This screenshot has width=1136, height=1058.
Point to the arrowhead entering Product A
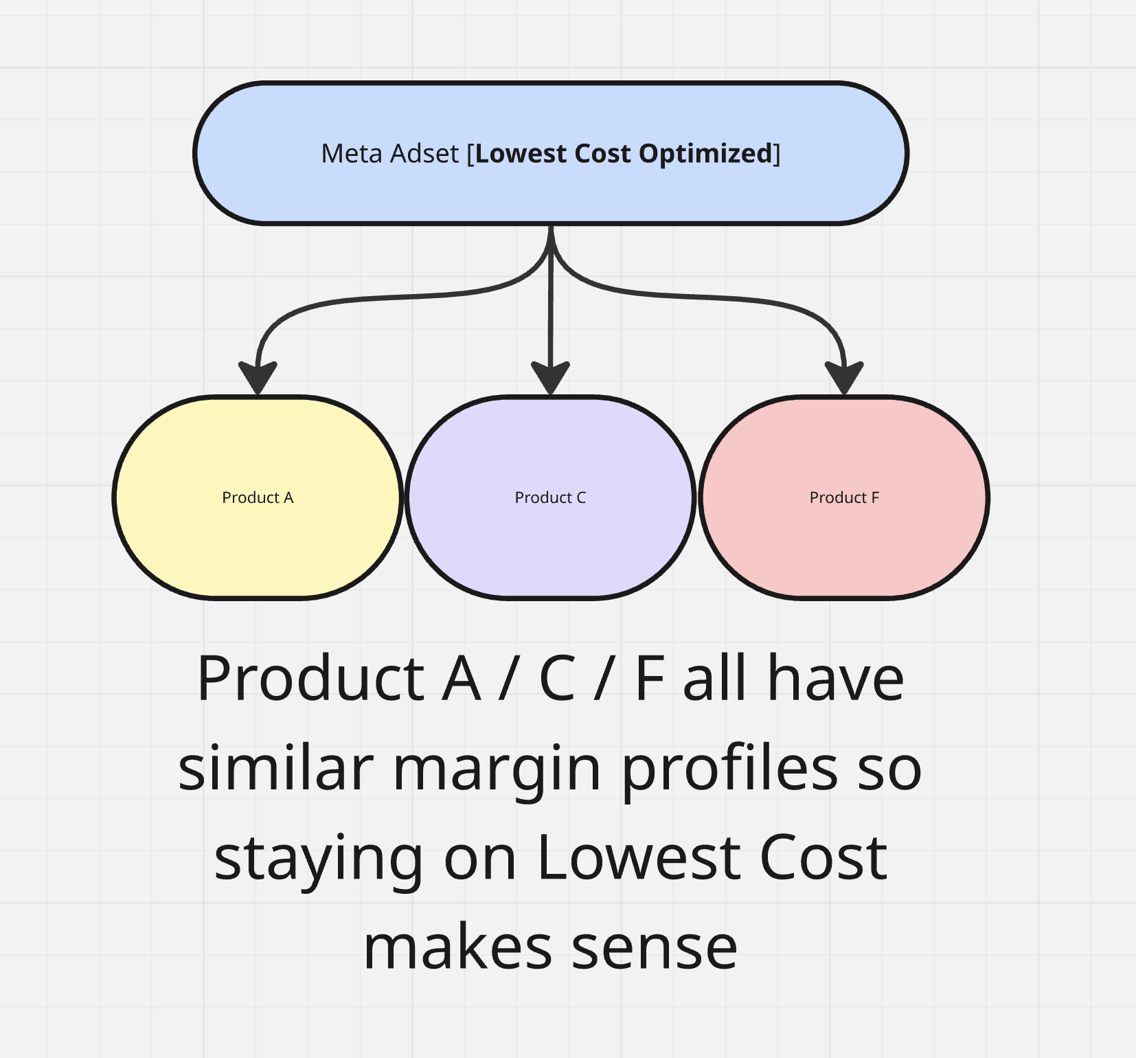click(x=258, y=377)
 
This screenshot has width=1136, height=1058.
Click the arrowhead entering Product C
click(x=551, y=377)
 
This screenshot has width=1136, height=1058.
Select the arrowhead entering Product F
click(x=844, y=377)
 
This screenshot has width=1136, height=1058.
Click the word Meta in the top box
click(x=352, y=153)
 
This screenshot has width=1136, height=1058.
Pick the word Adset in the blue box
click(x=424, y=153)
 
